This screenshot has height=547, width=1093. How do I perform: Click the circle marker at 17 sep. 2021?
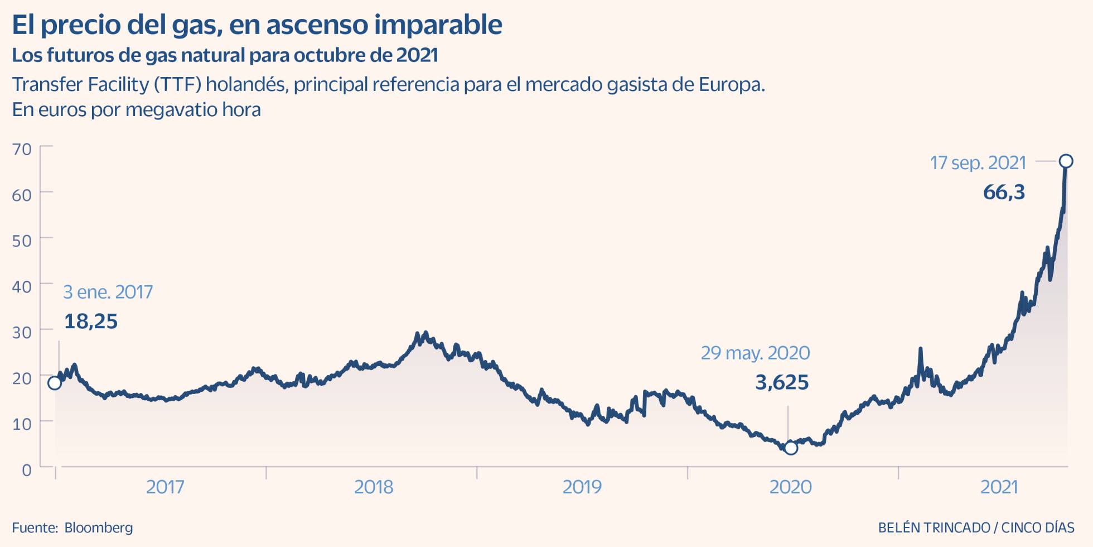(x=1066, y=161)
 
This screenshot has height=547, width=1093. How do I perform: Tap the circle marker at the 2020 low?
(x=791, y=448)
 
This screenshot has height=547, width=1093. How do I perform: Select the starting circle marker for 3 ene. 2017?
(x=55, y=383)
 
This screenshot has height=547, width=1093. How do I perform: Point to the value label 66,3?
(x=1004, y=192)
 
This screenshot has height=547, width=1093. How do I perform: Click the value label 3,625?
(x=782, y=382)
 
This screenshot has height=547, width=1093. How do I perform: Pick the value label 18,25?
(x=91, y=322)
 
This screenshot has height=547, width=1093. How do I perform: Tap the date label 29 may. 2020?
(x=755, y=353)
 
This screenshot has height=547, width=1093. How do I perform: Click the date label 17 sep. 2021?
(x=978, y=162)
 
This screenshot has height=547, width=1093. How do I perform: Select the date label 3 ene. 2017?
(x=108, y=292)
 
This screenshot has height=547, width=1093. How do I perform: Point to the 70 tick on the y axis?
(x=22, y=149)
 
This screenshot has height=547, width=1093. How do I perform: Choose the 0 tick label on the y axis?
(x=27, y=470)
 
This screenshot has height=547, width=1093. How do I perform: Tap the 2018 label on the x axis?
(x=374, y=487)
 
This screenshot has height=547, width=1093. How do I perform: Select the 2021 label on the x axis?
(x=999, y=487)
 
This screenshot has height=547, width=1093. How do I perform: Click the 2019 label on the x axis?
(x=582, y=487)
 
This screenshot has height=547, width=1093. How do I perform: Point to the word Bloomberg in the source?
(x=99, y=527)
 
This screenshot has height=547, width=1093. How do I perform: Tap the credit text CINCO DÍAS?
(x=1038, y=527)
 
